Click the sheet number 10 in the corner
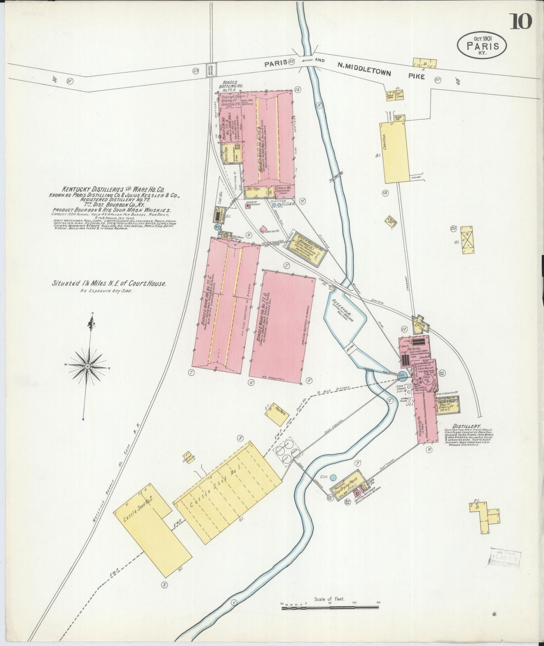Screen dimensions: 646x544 (521, 21)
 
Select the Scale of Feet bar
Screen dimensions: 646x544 (330, 607)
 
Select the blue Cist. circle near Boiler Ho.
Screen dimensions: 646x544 (402, 375)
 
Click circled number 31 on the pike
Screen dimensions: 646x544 (69, 81)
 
